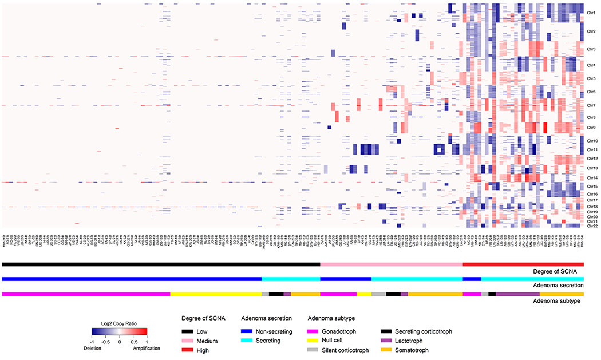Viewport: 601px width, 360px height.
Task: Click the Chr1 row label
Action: point(591,11)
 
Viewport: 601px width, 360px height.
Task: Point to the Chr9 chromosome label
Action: point(591,127)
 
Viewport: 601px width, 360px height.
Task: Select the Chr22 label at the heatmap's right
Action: point(592,226)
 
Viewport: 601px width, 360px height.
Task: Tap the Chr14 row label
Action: point(592,177)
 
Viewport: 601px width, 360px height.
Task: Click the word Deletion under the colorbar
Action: point(101,349)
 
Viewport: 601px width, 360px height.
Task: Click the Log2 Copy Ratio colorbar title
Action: point(120,323)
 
